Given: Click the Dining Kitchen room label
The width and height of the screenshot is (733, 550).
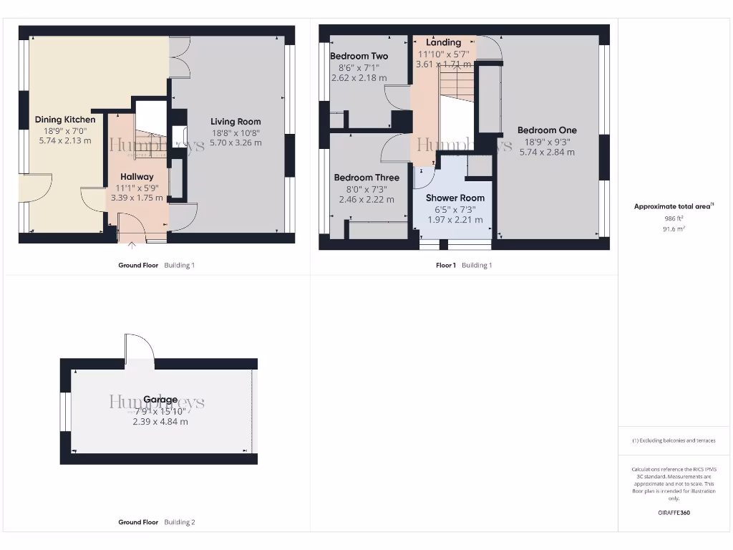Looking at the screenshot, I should tap(65, 120).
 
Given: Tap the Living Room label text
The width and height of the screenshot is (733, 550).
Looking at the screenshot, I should tap(236, 122).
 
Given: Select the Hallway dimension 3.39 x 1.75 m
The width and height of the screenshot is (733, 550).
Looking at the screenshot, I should tap(137, 198).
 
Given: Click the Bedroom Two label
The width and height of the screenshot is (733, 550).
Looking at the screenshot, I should tap(359, 56).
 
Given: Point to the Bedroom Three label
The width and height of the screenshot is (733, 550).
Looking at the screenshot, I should tap(366, 178).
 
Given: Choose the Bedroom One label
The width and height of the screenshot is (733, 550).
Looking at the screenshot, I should tap(547, 130).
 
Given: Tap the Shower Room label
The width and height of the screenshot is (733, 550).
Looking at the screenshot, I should tap(455, 198).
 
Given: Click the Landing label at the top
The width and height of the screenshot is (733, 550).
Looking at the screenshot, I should tap(444, 42).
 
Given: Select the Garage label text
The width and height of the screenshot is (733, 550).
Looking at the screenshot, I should tap(160, 400).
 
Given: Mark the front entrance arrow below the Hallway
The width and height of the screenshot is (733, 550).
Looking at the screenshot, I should tap(132, 246).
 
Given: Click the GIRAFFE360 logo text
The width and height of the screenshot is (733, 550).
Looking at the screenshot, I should tap(674, 513).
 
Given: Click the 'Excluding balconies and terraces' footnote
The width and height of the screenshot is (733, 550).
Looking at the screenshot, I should tap(674, 440).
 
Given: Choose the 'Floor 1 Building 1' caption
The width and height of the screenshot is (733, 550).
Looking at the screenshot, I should tap(464, 265).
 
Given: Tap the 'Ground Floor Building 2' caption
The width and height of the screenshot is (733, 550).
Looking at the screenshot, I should tap(156, 522).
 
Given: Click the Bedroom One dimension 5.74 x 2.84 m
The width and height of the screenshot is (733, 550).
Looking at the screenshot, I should tap(547, 152).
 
